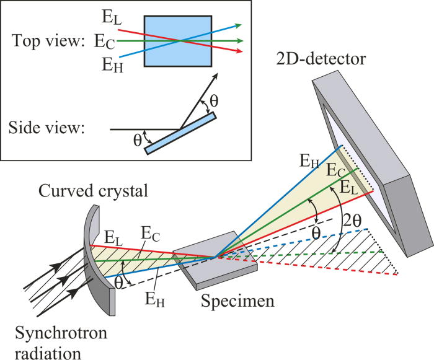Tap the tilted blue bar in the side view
[180, 132]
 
